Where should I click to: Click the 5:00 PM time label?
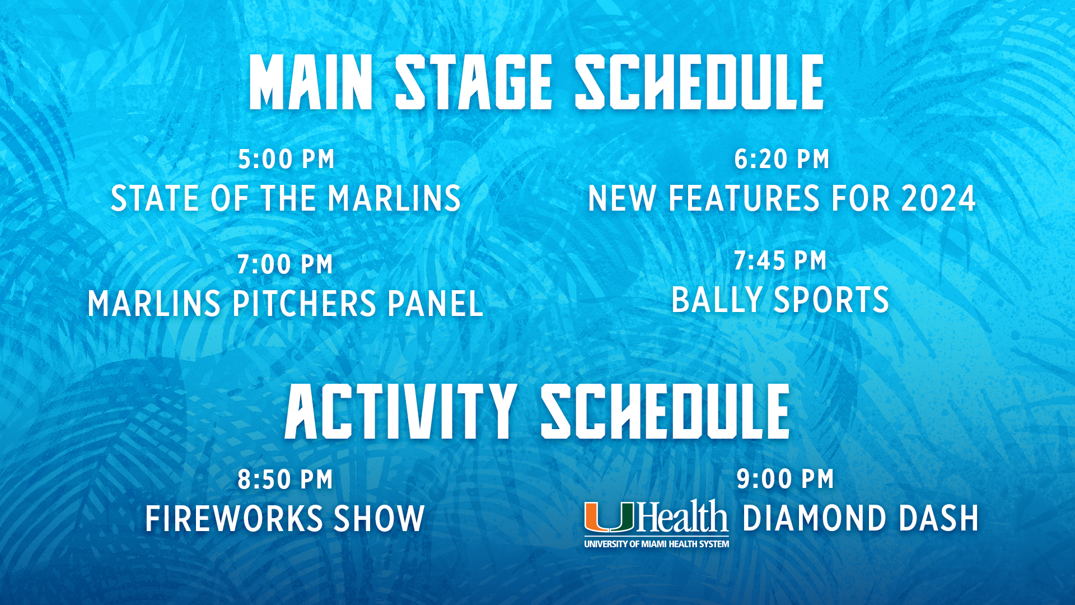click(x=286, y=160)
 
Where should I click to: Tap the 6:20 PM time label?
click(x=782, y=160)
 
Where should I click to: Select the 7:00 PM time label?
click(x=285, y=264)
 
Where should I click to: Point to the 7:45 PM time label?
click(x=780, y=261)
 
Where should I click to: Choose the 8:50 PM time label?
click(x=285, y=480)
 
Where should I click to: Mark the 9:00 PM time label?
click(x=785, y=480)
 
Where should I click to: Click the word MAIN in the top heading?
click(x=311, y=82)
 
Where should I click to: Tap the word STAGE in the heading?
click(x=474, y=82)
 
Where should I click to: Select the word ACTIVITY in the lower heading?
click(x=400, y=411)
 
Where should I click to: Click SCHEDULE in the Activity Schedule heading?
click(x=665, y=411)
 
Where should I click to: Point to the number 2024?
click(x=938, y=198)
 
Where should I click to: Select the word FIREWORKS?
click(x=234, y=518)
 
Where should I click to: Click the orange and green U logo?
click(x=609, y=516)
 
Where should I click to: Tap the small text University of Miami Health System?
click(x=657, y=544)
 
